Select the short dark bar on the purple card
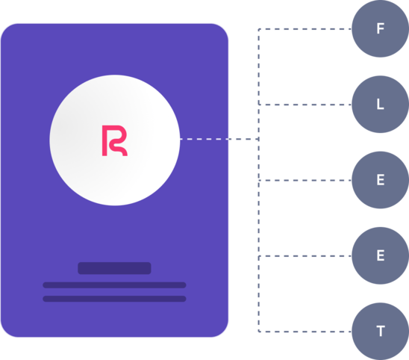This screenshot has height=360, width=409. [x=114, y=268]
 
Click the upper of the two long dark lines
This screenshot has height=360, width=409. [x=114, y=285]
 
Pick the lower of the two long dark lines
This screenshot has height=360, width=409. [x=114, y=299]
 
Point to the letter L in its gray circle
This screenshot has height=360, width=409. [x=381, y=104]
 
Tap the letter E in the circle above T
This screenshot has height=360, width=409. [x=381, y=255]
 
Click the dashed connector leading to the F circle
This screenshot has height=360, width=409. [x=305, y=29]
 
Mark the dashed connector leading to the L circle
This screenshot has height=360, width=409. [x=305, y=105]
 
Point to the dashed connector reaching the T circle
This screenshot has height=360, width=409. [x=305, y=332]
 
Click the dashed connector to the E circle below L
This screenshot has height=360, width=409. [x=305, y=181]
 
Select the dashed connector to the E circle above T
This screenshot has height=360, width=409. [x=305, y=256]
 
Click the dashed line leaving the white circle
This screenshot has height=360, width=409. [x=219, y=139]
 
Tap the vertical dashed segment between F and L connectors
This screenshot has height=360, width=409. [x=259, y=66]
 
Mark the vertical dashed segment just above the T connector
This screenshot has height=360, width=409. [x=259, y=294]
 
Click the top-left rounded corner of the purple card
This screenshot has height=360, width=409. [x=6, y=29]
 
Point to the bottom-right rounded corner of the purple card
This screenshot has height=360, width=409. [x=222, y=332]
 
